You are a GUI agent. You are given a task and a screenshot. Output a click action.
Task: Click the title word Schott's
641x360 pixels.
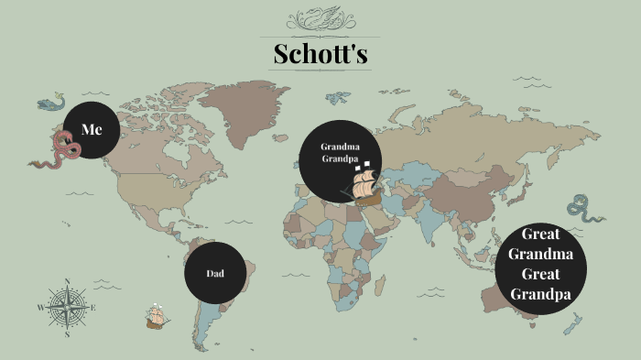click(x=320, y=54)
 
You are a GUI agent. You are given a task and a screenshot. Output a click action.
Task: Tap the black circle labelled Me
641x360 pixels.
click(x=92, y=130)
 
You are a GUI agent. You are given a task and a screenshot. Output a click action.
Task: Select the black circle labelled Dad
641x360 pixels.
click(x=214, y=273)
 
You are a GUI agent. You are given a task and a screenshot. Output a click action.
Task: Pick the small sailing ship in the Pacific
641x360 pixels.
click(x=157, y=317)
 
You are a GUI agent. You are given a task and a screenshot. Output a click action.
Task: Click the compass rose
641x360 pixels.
click(x=67, y=308)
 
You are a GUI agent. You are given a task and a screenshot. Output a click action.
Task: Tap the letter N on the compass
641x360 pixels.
click(x=67, y=281)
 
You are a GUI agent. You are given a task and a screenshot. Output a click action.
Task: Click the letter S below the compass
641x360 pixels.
click(x=67, y=335)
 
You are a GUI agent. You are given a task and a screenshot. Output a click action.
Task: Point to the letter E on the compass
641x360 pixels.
click(x=93, y=308)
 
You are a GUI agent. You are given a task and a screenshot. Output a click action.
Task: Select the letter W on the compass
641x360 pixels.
click(x=40, y=308)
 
